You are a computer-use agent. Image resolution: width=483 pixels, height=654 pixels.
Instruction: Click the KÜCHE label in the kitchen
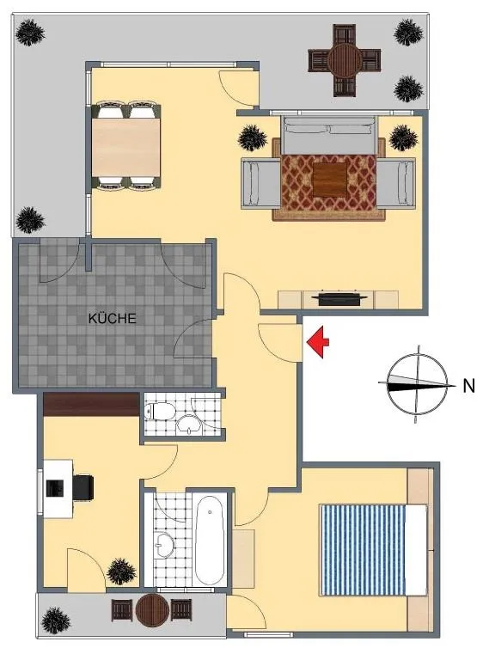(113, 318)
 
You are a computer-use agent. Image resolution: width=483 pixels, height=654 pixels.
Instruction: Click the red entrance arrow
(318, 342)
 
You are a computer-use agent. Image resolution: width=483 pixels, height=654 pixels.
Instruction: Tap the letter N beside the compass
(468, 386)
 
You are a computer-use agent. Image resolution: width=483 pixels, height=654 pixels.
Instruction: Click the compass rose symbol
(417, 384)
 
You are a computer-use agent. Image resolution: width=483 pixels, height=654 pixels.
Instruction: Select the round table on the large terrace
(345, 60)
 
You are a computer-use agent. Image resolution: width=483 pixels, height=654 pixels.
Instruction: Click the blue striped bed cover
(363, 549)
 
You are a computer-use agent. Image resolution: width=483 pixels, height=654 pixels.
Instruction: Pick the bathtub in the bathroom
(210, 540)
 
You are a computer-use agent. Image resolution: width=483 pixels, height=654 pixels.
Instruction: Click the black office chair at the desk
(83, 486)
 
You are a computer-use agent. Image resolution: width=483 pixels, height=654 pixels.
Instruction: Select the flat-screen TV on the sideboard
(339, 298)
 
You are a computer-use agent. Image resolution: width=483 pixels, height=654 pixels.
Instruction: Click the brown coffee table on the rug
(329, 180)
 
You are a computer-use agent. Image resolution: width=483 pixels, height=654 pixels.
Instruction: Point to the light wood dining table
(125, 148)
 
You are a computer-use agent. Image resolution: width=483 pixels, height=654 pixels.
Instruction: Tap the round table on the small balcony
(152, 611)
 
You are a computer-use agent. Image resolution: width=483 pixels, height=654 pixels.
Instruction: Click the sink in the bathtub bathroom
(164, 545)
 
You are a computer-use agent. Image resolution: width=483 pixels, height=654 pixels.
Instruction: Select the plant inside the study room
(121, 571)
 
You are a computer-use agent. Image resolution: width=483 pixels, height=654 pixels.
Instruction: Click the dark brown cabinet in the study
(91, 404)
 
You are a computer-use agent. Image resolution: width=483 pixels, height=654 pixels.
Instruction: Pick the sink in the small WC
(189, 425)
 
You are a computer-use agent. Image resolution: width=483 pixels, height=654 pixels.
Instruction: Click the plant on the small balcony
(56, 620)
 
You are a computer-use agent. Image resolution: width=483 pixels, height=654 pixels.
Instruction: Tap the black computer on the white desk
(55, 488)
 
